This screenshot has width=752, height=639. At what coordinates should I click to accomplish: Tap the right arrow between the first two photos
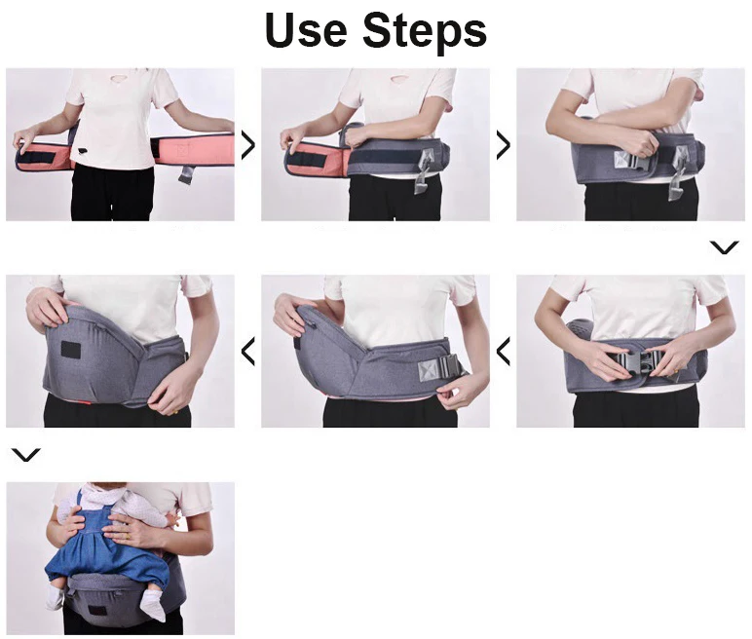pyautogui.click(x=248, y=145)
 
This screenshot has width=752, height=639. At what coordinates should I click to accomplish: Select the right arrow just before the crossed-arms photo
pyautogui.click(x=503, y=145)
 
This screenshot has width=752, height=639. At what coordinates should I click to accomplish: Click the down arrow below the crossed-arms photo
pyautogui.click(x=724, y=248)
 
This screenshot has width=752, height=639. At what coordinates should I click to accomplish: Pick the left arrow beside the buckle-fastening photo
pyautogui.click(x=503, y=351)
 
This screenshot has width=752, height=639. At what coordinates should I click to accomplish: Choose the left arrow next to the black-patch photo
pyautogui.click(x=248, y=351)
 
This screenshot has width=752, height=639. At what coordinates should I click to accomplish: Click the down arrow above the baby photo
pyautogui.click(x=25, y=455)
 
